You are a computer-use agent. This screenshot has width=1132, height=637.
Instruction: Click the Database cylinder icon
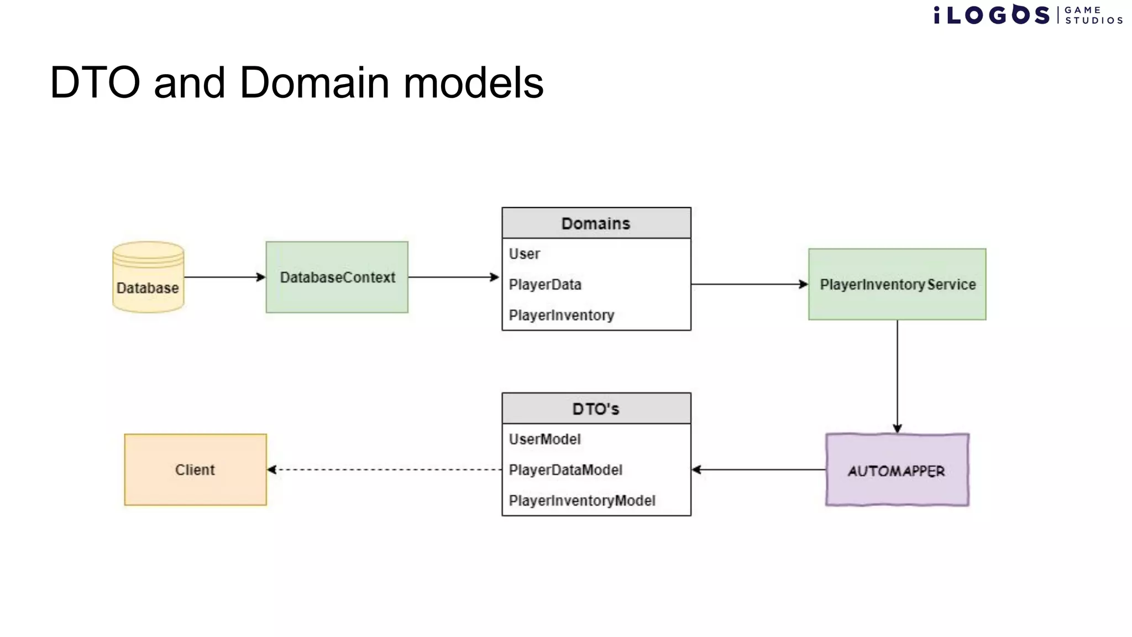click(x=148, y=278)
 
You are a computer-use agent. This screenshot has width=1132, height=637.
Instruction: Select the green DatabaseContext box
click(x=337, y=278)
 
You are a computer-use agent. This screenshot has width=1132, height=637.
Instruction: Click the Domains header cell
click(x=596, y=223)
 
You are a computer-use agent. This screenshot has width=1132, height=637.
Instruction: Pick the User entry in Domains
click(x=525, y=254)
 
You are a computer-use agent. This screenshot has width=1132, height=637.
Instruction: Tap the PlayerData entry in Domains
click(x=545, y=285)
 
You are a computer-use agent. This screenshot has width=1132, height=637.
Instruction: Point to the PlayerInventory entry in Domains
click(x=561, y=315)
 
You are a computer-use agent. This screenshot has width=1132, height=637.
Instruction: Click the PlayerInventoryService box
click(x=897, y=284)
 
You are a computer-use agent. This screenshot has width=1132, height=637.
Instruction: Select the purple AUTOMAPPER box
click(x=897, y=470)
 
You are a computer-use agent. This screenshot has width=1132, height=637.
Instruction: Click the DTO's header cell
click(x=596, y=409)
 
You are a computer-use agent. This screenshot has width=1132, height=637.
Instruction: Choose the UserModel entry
click(x=544, y=440)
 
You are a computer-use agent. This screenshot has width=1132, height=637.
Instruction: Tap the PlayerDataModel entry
click(x=565, y=470)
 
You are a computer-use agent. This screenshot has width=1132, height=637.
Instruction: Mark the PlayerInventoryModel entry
click(x=581, y=500)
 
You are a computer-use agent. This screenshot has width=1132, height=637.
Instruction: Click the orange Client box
click(x=195, y=470)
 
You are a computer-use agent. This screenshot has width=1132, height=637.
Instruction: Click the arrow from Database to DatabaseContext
click(x=224, y=277)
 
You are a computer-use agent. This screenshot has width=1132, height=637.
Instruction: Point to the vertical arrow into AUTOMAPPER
click(x=897, y=376)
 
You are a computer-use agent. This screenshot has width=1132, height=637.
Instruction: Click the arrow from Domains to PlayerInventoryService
click(x=750, y=284)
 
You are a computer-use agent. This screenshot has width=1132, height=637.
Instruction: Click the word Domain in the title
click(x=315, y=83)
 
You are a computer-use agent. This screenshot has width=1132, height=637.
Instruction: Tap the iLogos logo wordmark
click(x=992, y=15)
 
